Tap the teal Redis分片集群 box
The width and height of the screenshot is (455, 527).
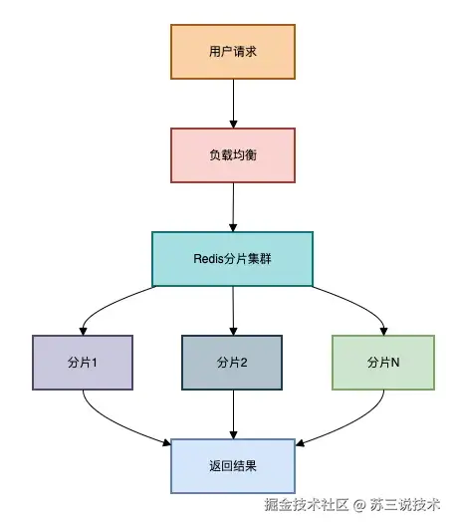(x=232, y=258)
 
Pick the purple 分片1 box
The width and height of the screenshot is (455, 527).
(x=83, y=362)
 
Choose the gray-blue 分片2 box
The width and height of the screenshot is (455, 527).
(x=232, y=362)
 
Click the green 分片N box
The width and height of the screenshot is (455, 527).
(x=383, y=362)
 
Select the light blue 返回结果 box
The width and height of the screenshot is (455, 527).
(x=232, y=465)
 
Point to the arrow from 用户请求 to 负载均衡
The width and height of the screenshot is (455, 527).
(x=232, y=103)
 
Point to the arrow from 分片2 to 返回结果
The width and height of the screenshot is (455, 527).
(x=232, y=413)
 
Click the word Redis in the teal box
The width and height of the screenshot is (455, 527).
(x=209, y=258)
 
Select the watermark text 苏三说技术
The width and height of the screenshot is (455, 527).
(x=407, y=506)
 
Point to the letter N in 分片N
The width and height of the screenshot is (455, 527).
(x=395, y=362)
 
